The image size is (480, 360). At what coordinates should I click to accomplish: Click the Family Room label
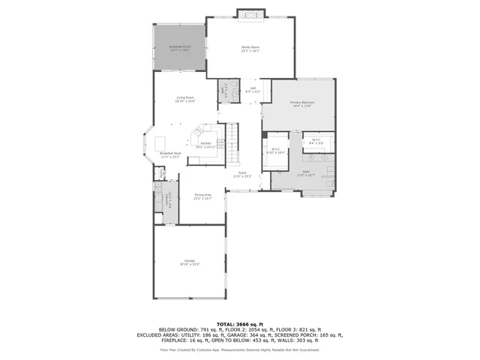pyautogui.click(x=250, y=49)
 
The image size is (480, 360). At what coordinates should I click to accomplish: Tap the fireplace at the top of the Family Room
pyautogui.click(x=250, y=13)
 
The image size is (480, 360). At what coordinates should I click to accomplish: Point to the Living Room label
pyautogui.click(x=185, y=99)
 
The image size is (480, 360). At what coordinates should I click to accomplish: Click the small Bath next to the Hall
pyautogui.click(x=223, y=91)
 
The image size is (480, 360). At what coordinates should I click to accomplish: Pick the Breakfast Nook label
pyautogui.click(x=169, y=155)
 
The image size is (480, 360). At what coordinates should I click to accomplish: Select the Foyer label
pyautogui.click(x=242, y=174)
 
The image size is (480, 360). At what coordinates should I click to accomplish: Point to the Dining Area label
pyautogui.click(x=202, y=196)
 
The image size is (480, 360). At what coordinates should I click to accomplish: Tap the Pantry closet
pyautogui.click(x=160, y=175)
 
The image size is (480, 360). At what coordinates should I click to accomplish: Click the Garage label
pyautogui.click(x=188, y=262)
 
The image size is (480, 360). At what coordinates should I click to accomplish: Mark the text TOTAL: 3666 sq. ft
pyautogui.click(x=239, y=323)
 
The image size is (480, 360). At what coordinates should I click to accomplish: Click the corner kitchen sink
pyautogui.click(x=197, y=133)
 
